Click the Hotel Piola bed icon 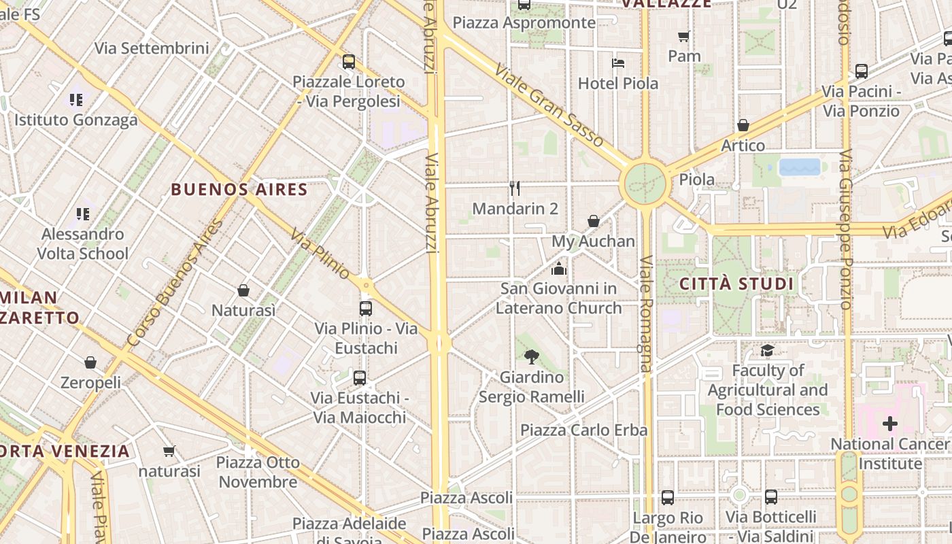618,63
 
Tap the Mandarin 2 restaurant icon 515,188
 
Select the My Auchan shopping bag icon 594,221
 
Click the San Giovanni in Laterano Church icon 559,269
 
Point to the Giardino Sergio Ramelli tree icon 532,356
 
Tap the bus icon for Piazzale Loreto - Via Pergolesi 349,62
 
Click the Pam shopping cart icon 684,36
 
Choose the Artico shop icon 743,125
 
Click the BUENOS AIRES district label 239,189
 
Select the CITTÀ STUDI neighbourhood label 737,284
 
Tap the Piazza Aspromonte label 524,22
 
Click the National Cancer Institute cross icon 889,424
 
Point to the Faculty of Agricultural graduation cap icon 767,351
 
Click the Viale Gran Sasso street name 549,105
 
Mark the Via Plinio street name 320,254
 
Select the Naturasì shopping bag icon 243,290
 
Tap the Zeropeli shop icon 90,362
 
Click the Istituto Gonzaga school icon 76,100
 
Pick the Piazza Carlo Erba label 584,430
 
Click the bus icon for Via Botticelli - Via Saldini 770,497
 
